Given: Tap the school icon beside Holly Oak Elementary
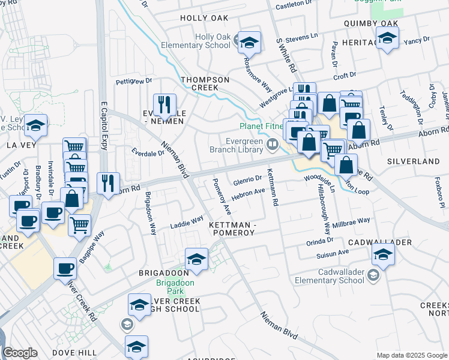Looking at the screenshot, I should [249, 43].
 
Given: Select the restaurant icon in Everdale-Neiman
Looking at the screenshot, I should [164, 105].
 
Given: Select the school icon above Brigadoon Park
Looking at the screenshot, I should [196, 259].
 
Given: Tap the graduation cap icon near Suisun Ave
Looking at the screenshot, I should [383, 254].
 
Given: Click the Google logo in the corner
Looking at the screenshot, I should [20, 352].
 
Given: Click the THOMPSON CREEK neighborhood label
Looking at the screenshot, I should [205, 84].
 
